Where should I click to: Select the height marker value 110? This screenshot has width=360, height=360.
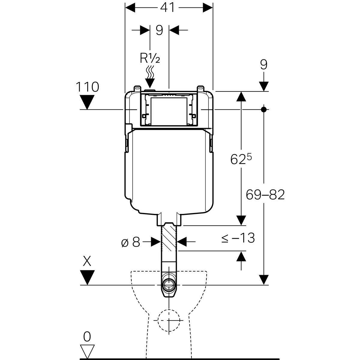[87, 87]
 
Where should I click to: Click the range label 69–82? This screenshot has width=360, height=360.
[265, 195]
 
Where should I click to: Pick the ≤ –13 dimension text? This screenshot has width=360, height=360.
[238, 238]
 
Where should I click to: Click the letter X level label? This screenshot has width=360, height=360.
[87, 262]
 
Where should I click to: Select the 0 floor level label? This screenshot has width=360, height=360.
[87, 337]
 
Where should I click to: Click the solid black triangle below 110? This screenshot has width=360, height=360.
[87, 102]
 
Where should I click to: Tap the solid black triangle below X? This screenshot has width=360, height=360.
[87, 277]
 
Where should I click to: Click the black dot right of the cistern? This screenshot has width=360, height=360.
[264, 109]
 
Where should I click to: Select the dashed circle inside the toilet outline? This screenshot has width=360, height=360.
[169, 320]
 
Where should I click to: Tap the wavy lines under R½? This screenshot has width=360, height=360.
[150, 72]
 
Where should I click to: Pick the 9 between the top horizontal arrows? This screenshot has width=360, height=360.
[159, 30]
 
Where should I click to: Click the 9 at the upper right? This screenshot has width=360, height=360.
[264, 65]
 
